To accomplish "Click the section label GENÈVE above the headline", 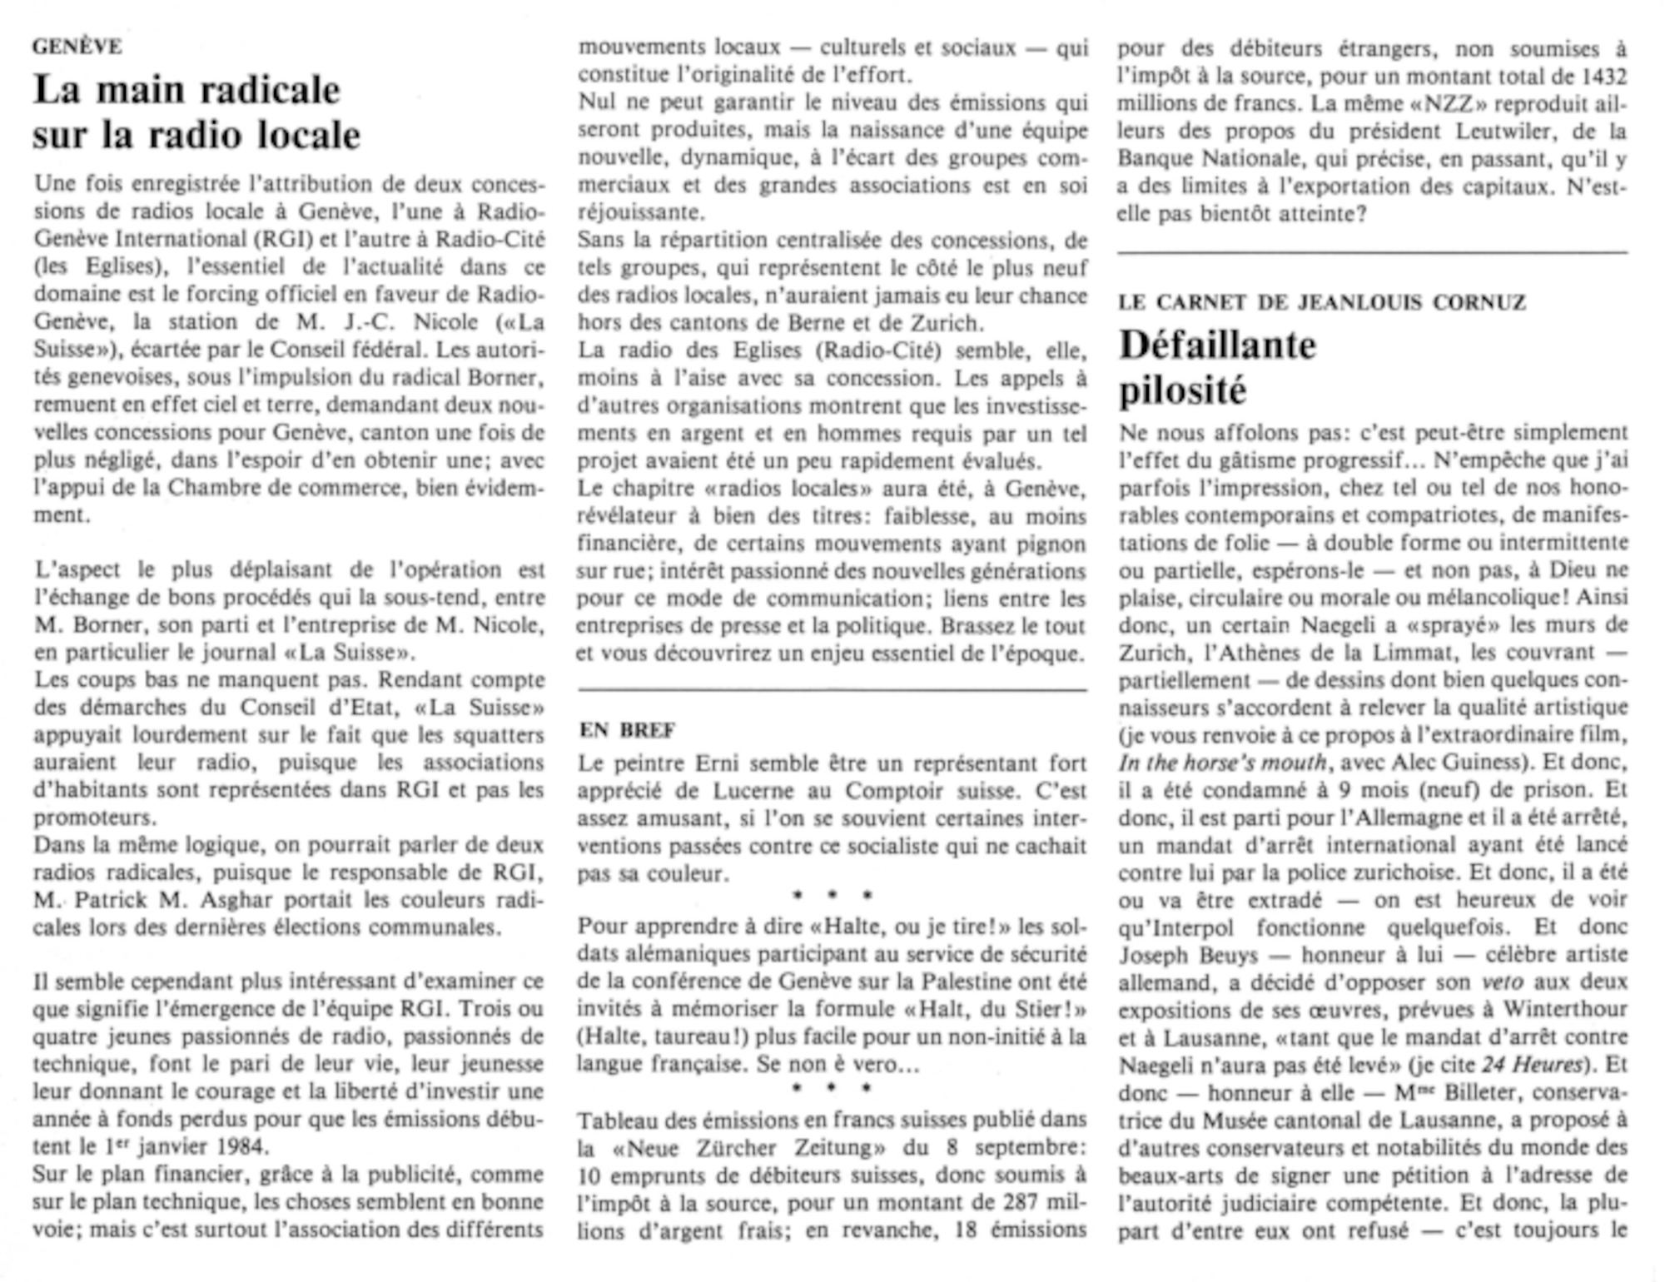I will coord(77,47).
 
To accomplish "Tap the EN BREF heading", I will coord(627,730).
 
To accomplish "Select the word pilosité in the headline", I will coord(1182,390).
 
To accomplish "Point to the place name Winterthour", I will coord(1565,1010).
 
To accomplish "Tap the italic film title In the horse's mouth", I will coord(1222,763).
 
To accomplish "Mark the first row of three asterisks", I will coord(832,896).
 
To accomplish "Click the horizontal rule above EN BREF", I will coord(832,690).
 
